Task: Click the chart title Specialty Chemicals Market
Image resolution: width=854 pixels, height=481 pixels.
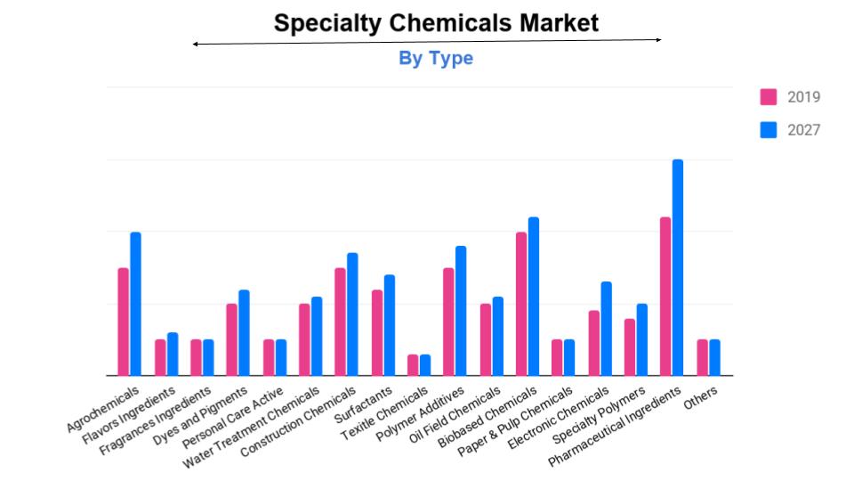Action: pyautogui.click(x=436, y=22)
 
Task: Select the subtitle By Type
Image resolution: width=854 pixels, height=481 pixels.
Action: pyautogui.click(x=435, y=59)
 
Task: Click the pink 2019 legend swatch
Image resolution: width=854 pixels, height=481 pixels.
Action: pyautogui.click(x=769, y=97)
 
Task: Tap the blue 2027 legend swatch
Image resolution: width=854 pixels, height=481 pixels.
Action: pyautogui.click(x=769, y=130)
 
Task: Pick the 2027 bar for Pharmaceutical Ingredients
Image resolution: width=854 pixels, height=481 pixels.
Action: pyautogui.click(x=678, y=267)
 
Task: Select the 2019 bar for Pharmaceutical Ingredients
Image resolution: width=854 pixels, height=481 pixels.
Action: pyautogui.click(x=665, y=296)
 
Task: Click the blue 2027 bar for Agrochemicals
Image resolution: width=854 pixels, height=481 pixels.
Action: pyautogui.click(x=135, y=304)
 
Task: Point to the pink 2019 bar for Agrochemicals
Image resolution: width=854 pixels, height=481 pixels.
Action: pyautogui.click(x=124, y=322)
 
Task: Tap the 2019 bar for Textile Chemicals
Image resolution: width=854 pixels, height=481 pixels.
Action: pyautogui.click(x=413, y=365)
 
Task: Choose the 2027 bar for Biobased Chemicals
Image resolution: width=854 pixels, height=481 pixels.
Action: pyautogui.click(x=534, y=296)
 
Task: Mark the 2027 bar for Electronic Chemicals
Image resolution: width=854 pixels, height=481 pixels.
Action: pyautogui.click(x=606, y=329)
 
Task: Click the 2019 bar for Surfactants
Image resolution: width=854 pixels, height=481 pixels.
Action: pyautogui.click(x=377, y=332)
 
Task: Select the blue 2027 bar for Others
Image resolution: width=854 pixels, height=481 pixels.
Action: pyautogui.click(x=714, y=357)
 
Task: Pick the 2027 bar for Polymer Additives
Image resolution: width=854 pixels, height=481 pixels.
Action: pyautogui.click(x=461, y=311)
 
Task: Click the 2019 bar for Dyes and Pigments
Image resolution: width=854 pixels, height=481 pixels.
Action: pyautogui.click(x=231, y=339)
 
